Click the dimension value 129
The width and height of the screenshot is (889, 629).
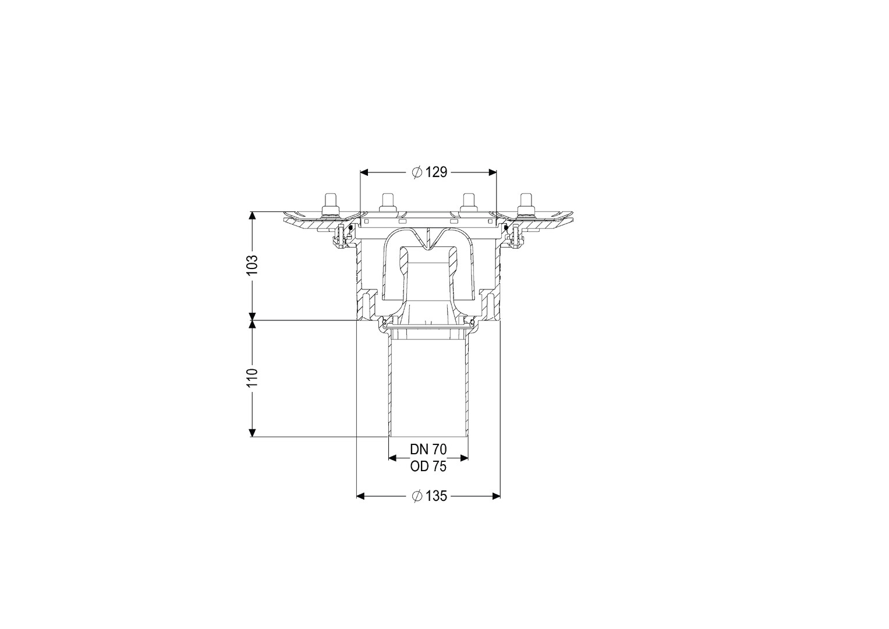[x=436, y=172]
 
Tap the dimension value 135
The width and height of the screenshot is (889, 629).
[x=436, y=496]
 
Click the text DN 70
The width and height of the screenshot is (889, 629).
[x=428, y=449]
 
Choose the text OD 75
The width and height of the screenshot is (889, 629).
[x=428, y=466]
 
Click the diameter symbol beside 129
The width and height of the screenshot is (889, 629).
[x=417, y=172]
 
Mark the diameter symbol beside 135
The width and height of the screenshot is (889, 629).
[x=417, y=496]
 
